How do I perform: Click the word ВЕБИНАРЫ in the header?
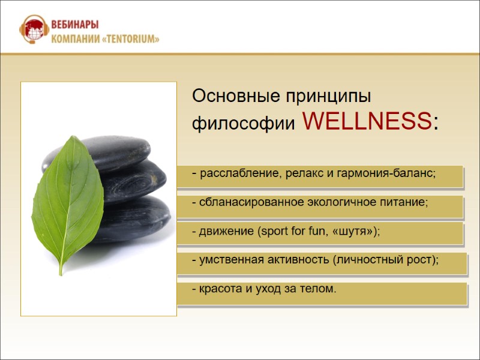point(75,25)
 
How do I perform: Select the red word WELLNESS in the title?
point(367,122)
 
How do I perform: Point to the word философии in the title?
point(243,124)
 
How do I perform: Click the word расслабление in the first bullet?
point(235,174)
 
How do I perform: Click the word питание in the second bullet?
point(409,203)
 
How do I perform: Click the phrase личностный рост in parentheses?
point(384,260)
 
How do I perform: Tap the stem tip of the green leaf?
point(60,273)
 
